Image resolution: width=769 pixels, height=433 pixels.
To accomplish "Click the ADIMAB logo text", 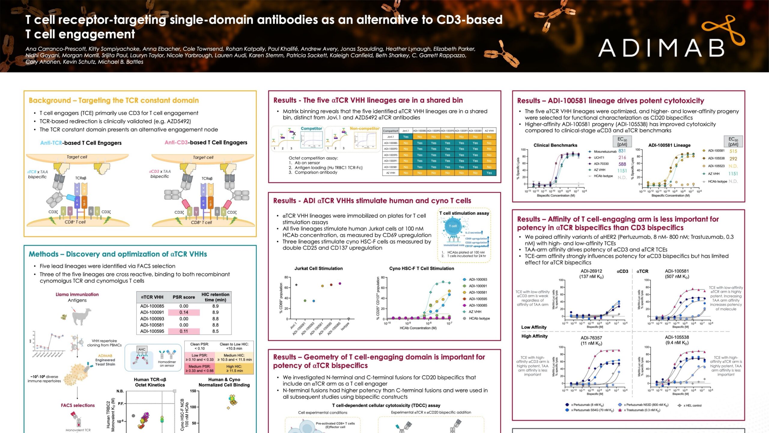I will [661, 48].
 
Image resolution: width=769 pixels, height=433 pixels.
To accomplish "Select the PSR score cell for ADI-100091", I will [184, 312].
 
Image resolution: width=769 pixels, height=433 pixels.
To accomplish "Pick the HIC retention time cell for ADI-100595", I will [215, 331].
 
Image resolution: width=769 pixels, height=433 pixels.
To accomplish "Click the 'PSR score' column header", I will [184, 297].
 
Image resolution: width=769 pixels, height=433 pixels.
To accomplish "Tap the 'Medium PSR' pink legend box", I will [199, 368].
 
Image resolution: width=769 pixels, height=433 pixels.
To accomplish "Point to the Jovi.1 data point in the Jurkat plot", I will [296, 285].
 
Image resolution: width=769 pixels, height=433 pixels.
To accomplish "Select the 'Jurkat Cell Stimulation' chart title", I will [318, 269].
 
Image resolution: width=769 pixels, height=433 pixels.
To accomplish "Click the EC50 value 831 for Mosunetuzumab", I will [622, 151].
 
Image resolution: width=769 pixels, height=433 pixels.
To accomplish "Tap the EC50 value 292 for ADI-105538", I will [733, 159].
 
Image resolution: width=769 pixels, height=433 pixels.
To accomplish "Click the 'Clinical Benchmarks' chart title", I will [555, 145].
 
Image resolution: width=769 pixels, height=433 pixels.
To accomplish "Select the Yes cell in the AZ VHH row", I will [489, 173].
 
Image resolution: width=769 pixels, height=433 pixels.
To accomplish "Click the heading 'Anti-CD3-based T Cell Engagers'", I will [206, 143].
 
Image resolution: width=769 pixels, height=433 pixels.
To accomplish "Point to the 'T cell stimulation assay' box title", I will [464, 213].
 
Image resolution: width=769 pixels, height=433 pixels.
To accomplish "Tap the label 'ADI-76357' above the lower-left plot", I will [591, 338].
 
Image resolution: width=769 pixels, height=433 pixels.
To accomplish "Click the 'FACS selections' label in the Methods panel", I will [78, 405].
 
